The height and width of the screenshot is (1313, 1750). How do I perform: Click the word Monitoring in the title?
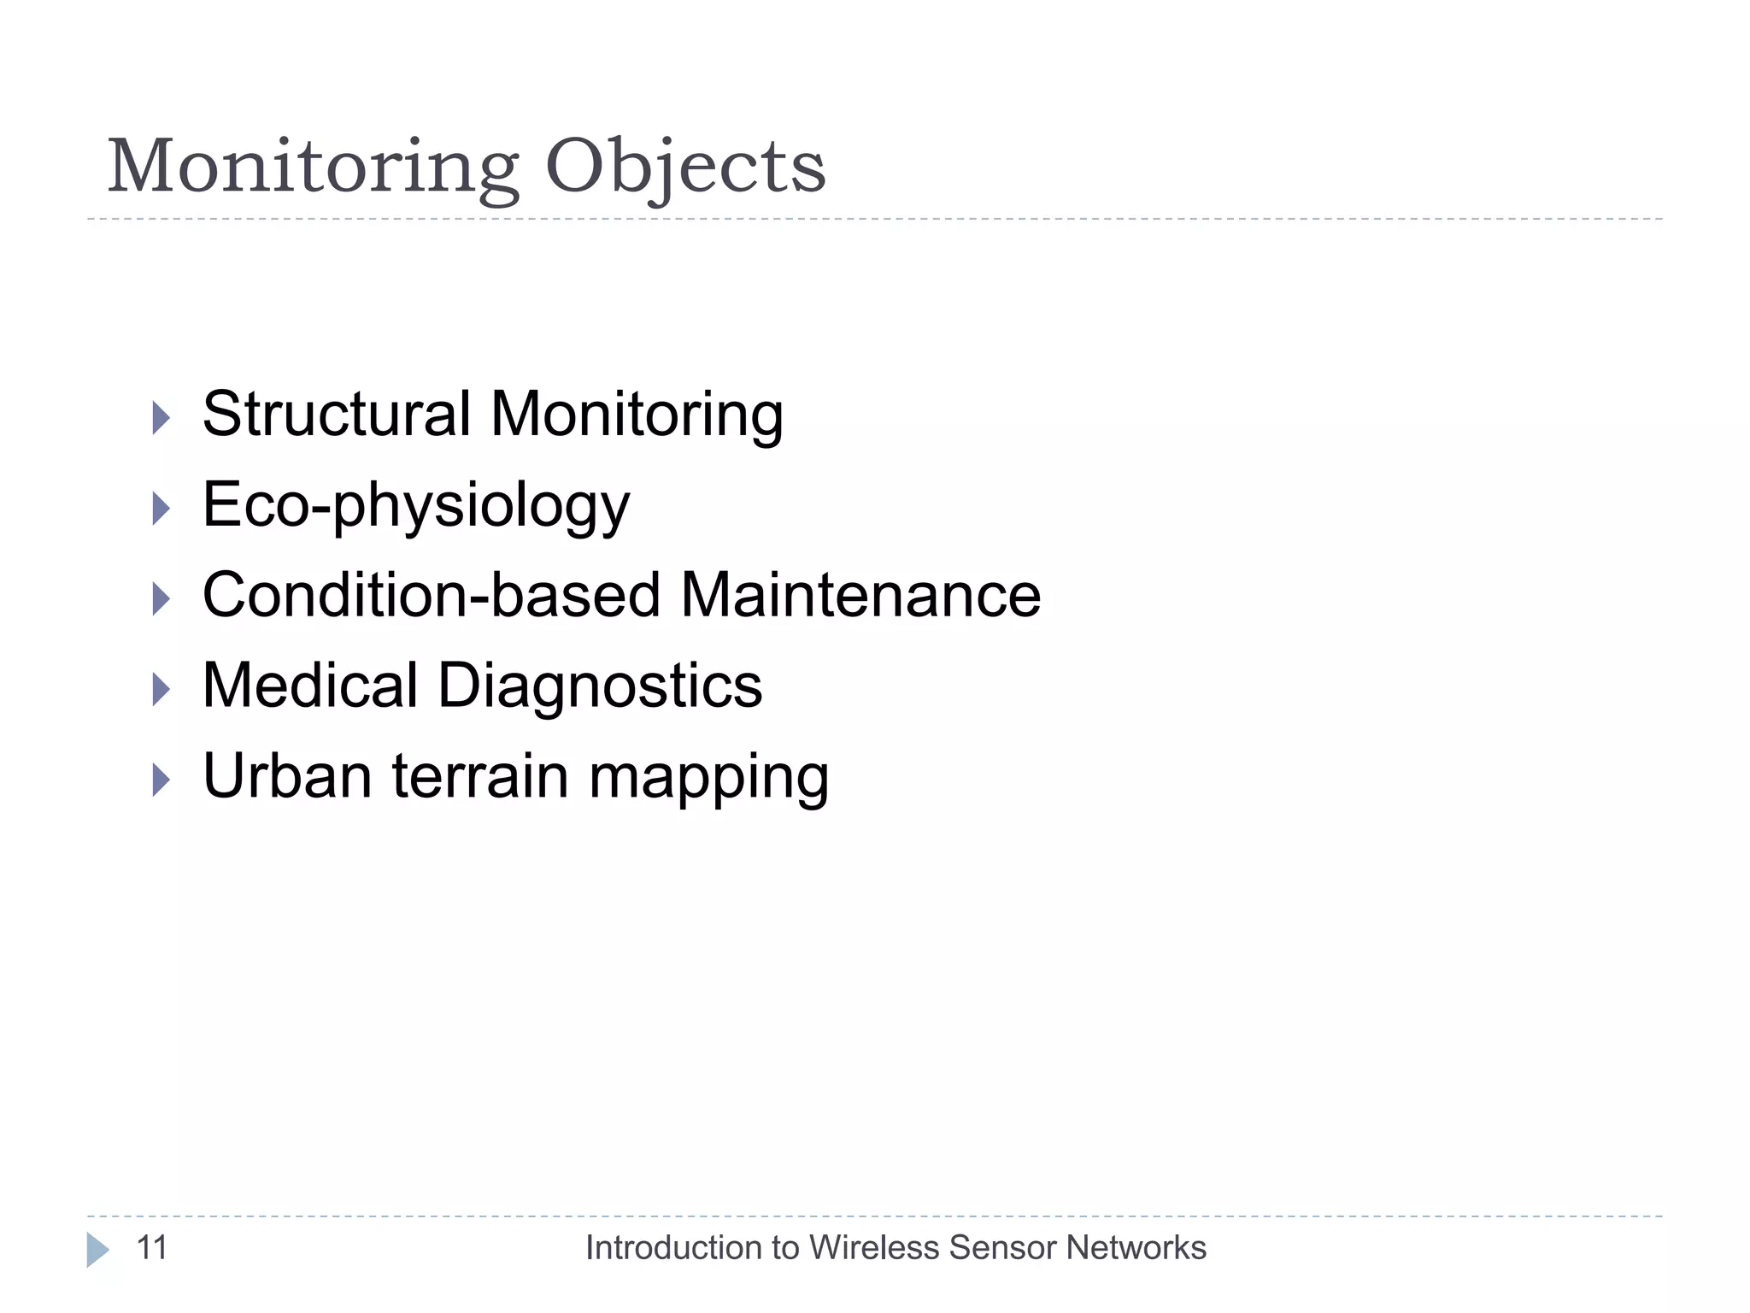[313, 167]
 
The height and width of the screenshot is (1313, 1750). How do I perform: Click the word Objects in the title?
[685, 167]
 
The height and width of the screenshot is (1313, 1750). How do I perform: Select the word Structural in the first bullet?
[336, 415]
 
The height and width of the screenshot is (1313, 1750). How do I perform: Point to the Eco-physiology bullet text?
[416, 506]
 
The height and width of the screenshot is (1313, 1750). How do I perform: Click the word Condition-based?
[432, 595]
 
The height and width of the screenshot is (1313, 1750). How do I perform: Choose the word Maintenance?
[860, 595]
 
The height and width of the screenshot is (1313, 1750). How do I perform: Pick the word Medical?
[309, 686]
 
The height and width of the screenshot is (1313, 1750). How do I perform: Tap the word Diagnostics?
[600, 686]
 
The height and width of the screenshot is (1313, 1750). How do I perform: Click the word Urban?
[286, 776]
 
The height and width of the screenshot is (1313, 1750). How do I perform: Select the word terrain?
[480, 776]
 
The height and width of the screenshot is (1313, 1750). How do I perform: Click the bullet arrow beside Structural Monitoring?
[161, 418]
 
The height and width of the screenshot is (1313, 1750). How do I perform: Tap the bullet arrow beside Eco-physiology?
[161, 509]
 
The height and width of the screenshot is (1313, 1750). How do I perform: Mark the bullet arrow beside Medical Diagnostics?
[161, 689]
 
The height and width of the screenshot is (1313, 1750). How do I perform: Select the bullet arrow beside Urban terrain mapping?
[161, 780]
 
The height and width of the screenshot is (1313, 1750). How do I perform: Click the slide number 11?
[152, 1248]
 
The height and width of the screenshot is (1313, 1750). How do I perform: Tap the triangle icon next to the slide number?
[97, 1250]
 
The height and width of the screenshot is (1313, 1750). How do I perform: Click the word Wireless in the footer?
[874, 1248]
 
